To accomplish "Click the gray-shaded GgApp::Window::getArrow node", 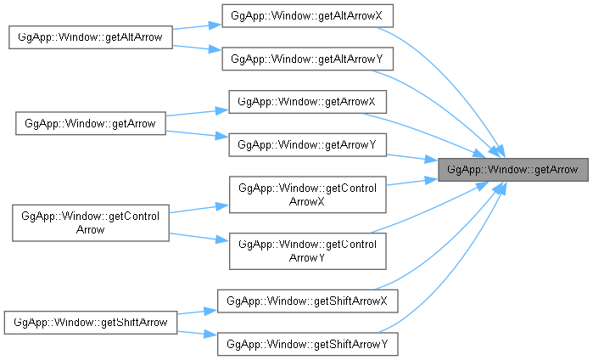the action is [x=512, y=170].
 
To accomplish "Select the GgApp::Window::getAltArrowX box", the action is [x=307, y=16].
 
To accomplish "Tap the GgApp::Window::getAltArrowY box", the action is [x=307, y=59].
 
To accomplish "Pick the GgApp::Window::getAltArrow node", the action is [x=91, y=37].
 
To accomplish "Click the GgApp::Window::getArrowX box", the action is [x=307, y=102].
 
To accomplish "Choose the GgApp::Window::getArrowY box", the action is [x=307, y=144].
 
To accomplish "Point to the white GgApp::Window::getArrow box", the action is [x=91, y=123].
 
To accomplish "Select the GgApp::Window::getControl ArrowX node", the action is [x=307, y=194].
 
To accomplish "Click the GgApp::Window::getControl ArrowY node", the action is [x=307, y=251].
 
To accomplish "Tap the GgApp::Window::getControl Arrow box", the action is [x=91, y=223].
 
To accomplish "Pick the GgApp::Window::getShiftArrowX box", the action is [x=307, y=301].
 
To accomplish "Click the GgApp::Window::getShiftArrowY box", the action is [x=307, y=344].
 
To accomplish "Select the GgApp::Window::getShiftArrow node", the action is [x=91, y=323].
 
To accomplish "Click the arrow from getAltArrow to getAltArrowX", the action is [x=197, y=26].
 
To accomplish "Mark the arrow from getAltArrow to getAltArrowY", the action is [x=197, y=48].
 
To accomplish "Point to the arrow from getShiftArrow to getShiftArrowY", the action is [x=197, y=334].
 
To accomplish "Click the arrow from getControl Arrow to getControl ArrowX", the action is [x=199, y=209].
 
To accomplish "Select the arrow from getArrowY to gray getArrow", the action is [x=412, y=158].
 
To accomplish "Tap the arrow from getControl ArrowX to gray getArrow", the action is [x=412, y=182].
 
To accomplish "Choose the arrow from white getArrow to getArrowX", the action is [x=197, y=112].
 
